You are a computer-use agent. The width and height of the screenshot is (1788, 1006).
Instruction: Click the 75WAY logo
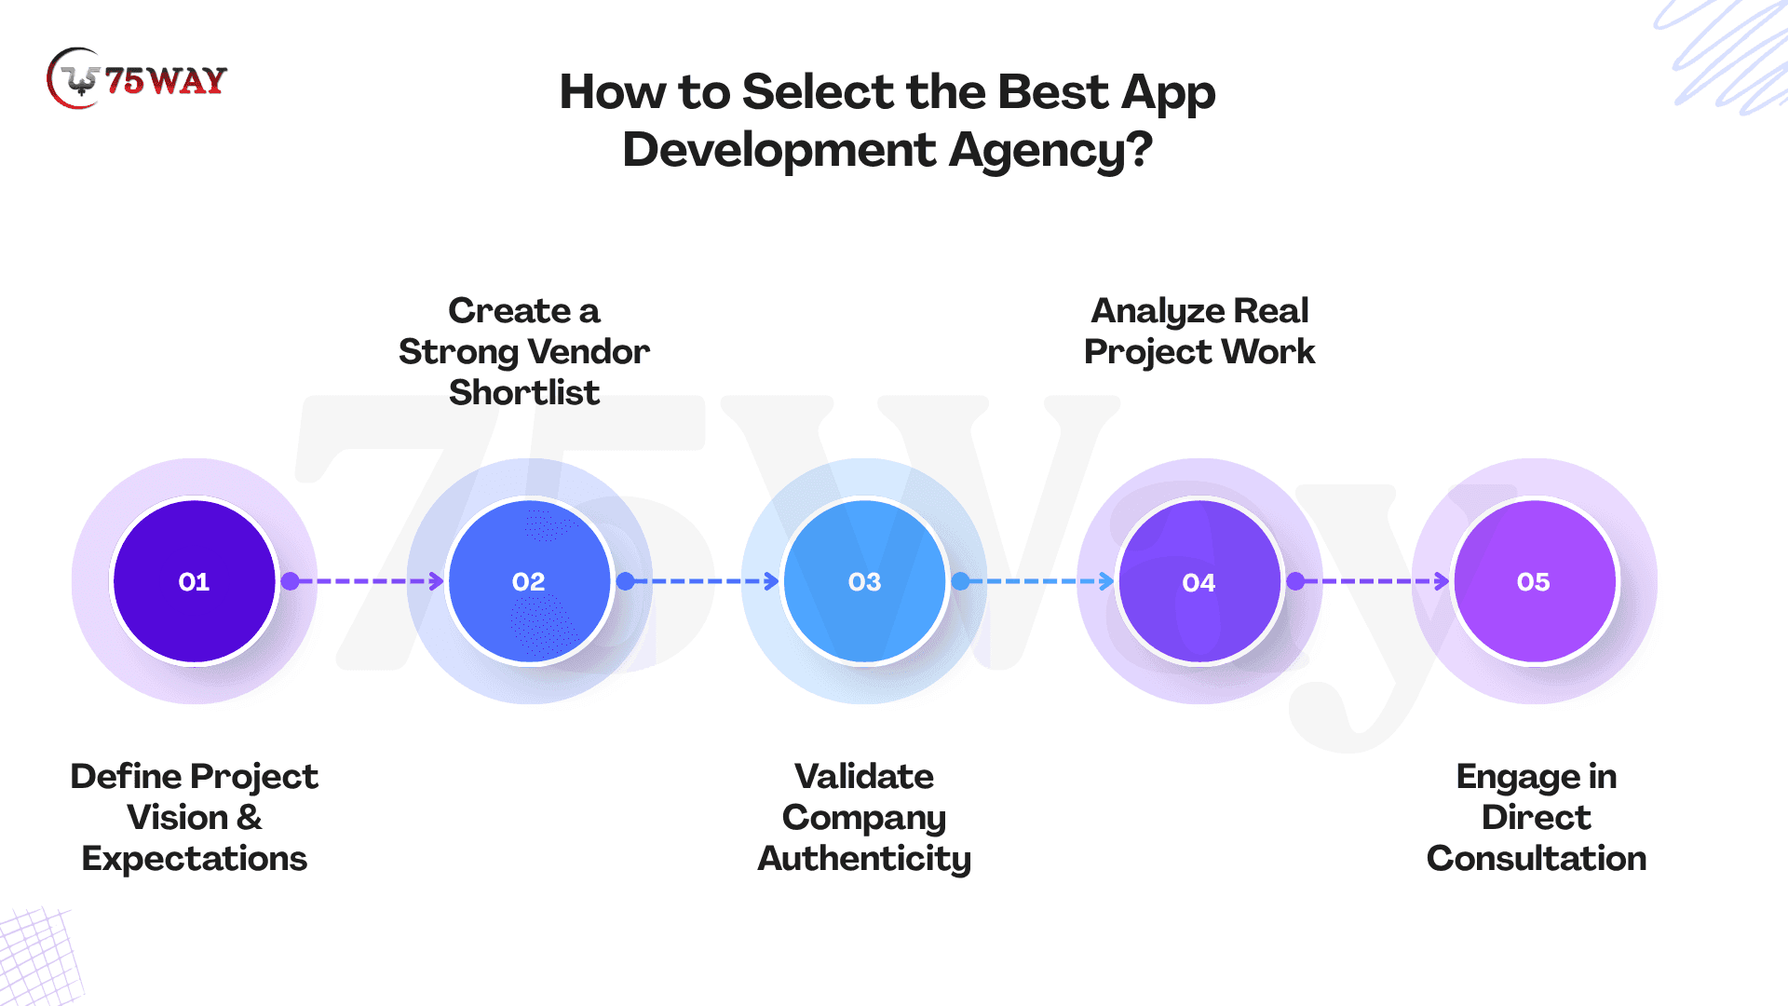click(x=136, y=79)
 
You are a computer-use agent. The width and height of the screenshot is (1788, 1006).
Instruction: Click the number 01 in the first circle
click(x=194, y=582)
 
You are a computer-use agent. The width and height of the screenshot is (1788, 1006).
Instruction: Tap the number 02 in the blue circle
click(x=528, y=582)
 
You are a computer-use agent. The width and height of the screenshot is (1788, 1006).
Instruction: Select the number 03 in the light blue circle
click(x=864, y=582)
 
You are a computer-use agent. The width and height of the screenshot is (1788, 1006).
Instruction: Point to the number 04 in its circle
click(x=1199, y=583)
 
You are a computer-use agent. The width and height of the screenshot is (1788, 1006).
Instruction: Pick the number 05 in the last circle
click(x=1533, y=582)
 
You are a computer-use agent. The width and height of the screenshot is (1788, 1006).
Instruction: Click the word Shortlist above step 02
click(x=524, y=392)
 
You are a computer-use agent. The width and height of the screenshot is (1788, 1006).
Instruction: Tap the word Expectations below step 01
click(x=195, y=859)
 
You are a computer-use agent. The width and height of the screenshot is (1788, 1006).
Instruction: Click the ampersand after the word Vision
click(x=250, y=817)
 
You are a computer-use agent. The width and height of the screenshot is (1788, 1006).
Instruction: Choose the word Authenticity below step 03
click(x=864, y=859)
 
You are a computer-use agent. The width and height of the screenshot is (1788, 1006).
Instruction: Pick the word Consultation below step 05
click(x=1537, y=858)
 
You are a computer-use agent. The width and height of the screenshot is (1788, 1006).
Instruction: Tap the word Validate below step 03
click(x=864, y=776)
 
